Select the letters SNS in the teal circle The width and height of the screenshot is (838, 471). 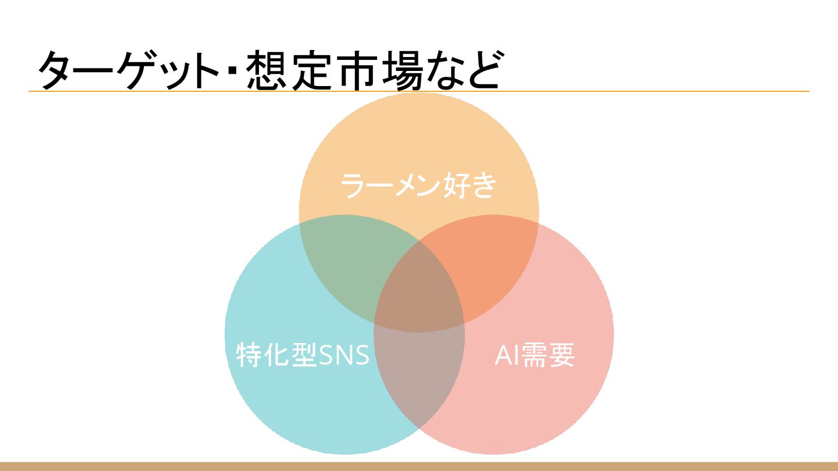click(x=345, y=355)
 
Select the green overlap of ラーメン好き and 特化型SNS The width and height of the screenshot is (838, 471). click(x=349, y=267)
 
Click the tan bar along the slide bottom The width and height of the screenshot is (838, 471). click(x=419, y=466)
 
